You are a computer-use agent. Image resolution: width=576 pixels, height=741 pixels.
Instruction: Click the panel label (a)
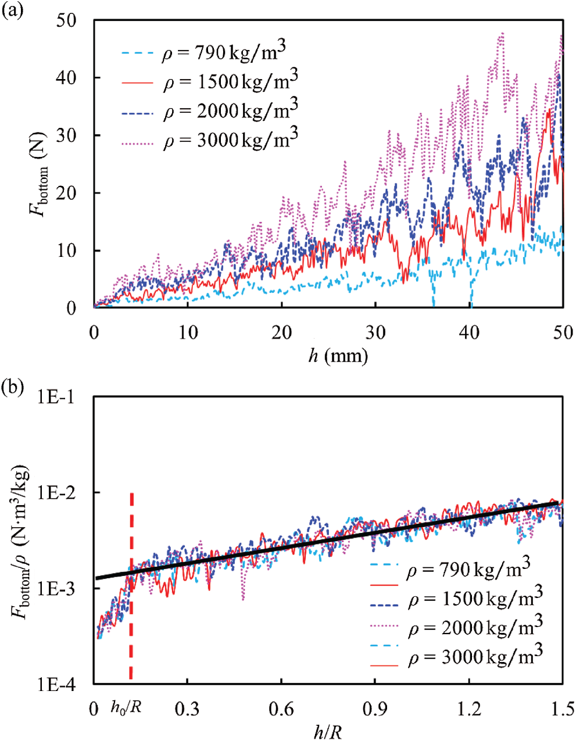[12, 11]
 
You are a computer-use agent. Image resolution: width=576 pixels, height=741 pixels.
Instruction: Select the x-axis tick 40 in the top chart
[470, 332]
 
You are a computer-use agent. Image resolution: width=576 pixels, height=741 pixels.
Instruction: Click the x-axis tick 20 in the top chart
[282, 332]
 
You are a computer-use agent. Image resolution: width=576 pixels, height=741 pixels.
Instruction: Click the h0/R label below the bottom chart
[126, 708]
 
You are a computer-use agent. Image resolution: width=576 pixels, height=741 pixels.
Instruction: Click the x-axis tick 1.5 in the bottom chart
[562, 709]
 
